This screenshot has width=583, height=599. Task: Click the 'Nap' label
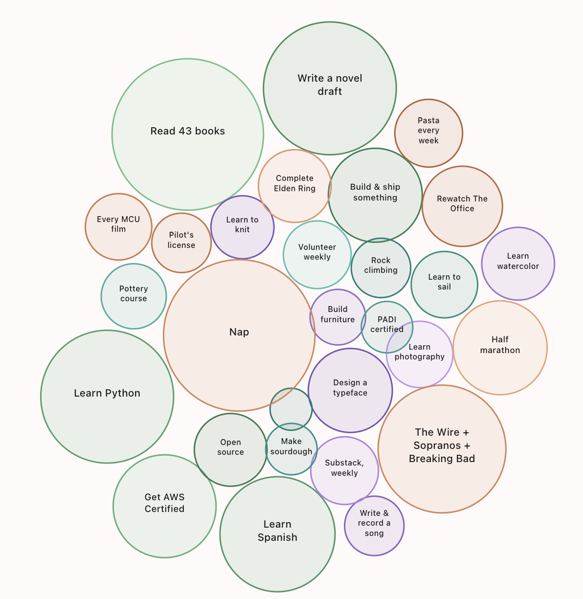tap(239, 332)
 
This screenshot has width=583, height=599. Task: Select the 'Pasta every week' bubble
tap(428, 133)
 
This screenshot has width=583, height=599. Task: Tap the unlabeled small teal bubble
tap(291, 409)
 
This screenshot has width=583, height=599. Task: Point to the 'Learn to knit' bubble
tap(242, 227)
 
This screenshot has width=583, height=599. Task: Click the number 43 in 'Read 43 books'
tap(185, 131)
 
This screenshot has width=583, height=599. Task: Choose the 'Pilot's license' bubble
tap(181, 243)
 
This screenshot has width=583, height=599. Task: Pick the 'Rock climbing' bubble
tap(381, 268)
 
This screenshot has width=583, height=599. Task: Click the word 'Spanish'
tap(277, 537)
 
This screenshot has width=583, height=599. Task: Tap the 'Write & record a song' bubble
tap(374, 526)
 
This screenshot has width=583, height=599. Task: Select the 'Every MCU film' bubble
tap(118, 227)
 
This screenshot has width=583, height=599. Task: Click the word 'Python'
tap(123, 393)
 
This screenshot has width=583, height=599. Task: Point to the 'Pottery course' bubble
tap(134, 296)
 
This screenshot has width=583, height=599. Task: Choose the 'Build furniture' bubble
tap(337, 317)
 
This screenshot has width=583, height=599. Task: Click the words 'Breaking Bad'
tap(442, 459)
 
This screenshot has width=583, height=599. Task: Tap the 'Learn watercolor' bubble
tap(518, 264)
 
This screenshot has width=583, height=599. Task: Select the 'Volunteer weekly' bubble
tap(317, 255)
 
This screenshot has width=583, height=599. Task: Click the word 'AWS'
tap(173, 497)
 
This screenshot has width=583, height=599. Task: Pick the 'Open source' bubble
tap(230, 450)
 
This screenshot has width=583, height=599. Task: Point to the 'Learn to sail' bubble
tap(444, 285)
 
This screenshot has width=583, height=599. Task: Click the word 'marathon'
tap(500, 350)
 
